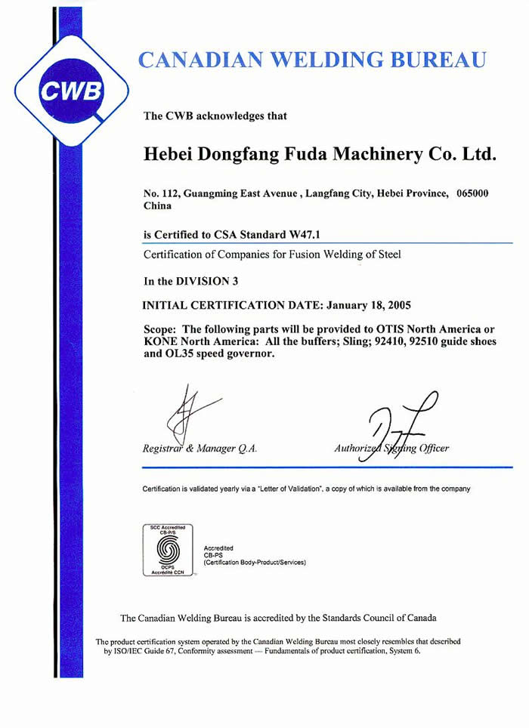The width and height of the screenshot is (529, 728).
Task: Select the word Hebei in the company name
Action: pos(169,156)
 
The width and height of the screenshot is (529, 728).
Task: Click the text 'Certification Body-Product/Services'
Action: pos(255,562)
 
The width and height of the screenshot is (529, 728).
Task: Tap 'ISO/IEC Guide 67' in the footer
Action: pos(147,650)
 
